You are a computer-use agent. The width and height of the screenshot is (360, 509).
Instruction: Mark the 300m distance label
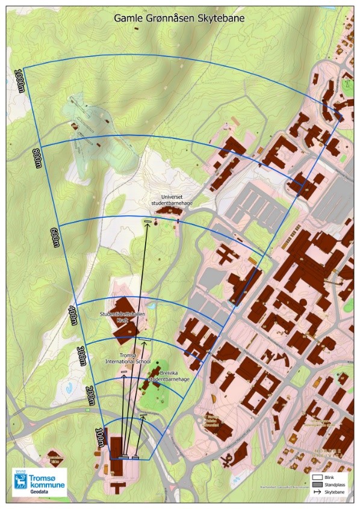[82, 356]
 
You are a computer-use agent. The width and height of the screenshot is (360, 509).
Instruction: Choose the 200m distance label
[90, 393]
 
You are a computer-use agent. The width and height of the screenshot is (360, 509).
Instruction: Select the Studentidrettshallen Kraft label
[120, 317]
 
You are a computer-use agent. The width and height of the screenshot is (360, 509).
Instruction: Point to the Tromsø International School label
[127, 358]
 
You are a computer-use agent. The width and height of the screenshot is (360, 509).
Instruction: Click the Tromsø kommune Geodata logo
[39, 481]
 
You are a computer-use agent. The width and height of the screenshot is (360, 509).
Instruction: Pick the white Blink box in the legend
[318, 477]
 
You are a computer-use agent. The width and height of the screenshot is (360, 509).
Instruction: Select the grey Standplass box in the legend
[318, 483]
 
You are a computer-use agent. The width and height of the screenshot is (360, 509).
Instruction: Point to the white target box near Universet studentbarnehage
[147, 223]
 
